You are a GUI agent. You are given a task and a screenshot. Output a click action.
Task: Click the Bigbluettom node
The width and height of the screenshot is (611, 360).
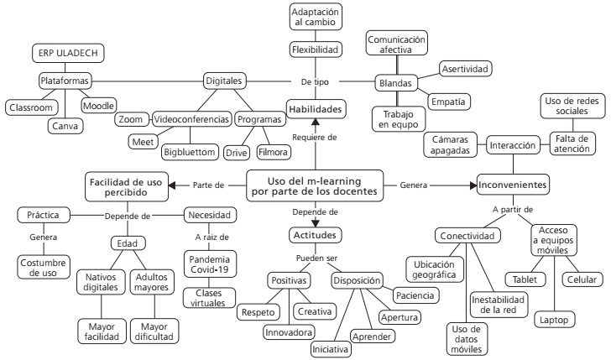pyautogui.click(x=191, y=152)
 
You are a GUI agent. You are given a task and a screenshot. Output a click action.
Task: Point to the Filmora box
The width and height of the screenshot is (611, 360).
pyautogui.click(x=274, y=152)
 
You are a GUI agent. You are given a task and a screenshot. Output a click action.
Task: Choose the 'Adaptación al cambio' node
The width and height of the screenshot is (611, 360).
pyautogui.click(x=316, y=18)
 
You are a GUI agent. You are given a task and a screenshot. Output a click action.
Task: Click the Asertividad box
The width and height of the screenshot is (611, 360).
pyautogui.click(x=466, y=68)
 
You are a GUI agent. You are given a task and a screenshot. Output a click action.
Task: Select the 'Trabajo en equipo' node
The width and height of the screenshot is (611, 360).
pyautogui.click(x=398, y=119)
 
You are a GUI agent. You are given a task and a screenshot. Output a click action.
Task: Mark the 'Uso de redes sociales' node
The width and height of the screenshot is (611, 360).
pyautogui.click(x=567, y=107)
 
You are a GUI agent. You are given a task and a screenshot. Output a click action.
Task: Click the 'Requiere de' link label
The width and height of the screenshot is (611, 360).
pyautogui.click(x=316, y=137)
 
